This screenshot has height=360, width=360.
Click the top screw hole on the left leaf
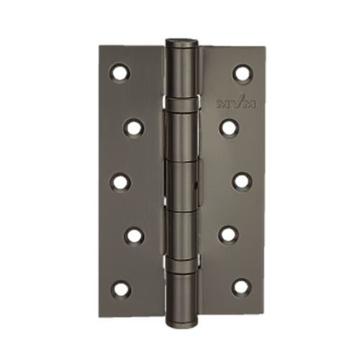(x=120, y=73)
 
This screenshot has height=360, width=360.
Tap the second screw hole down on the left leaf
(x=134, y=127)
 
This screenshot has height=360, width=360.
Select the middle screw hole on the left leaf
(x=120, y=182)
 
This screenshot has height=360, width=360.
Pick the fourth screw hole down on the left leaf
(x=134, y=236)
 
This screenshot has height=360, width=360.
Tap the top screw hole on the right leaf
(x=243, y=73)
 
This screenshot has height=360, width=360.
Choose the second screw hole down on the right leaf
(x=229, y=127)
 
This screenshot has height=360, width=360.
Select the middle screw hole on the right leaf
(x=242, y=182)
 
